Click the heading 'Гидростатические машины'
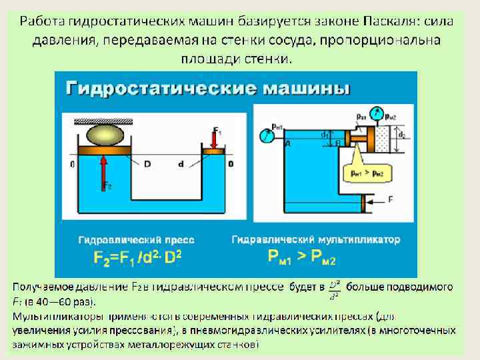click(x=207, y=89)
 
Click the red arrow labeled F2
click(x=104, y=170)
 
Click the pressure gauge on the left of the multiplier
click(x=268, y=135)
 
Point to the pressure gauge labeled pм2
click(x=379, y=113)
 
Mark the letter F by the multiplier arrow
click(x=390, y=199)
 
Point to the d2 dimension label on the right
click(x=401, y=135)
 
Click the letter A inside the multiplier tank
click(x=287, y=144)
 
